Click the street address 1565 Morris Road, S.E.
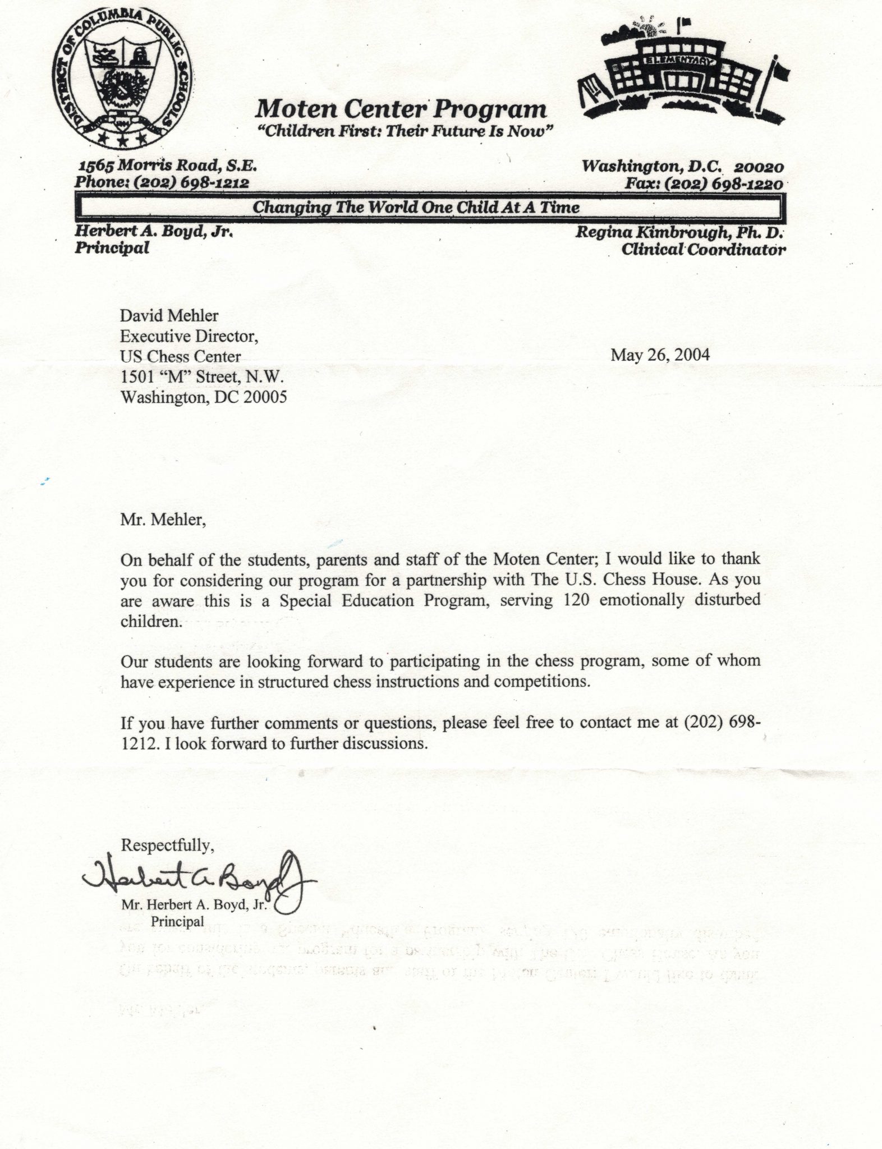tap(167, 167)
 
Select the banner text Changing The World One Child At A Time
tap(416, 208)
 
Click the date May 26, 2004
tap(660, 355)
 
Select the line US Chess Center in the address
tap(181, 357)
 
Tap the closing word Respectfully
tap(167, 845)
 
